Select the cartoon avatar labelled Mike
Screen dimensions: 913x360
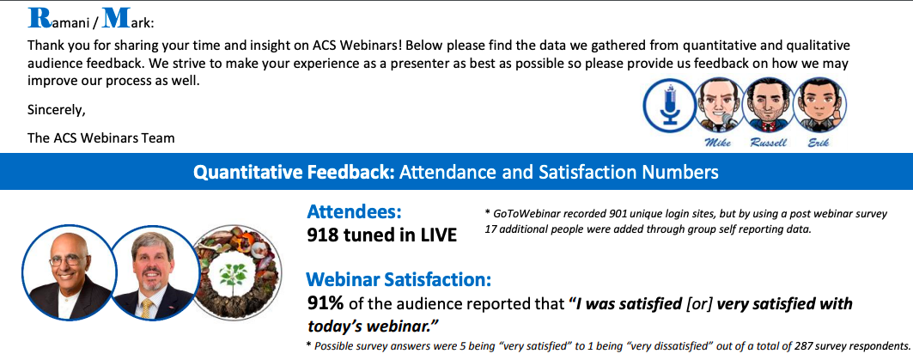click(719, 105)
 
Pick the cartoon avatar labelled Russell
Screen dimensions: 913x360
click(770, 105)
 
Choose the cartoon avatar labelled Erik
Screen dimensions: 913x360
click(819, 105)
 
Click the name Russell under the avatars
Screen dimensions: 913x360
click(770, 143)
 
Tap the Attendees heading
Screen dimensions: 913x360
click(355, 211)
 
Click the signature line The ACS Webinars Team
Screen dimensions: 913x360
click(100, 138)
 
